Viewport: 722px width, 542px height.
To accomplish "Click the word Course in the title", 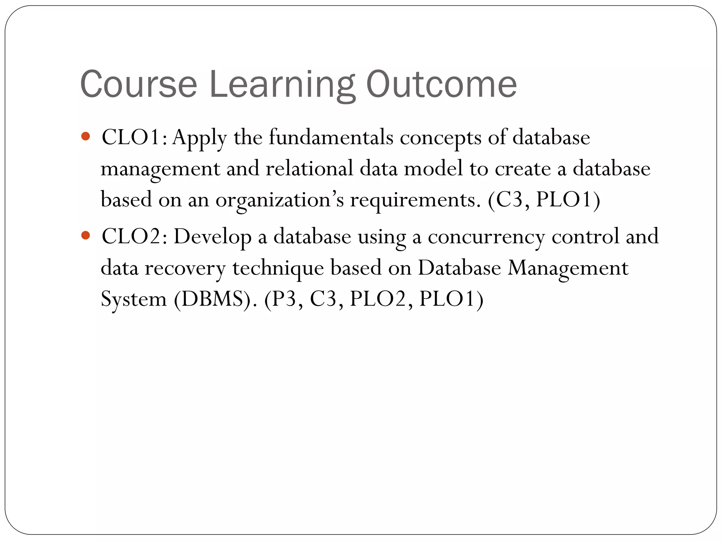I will click(138, 85).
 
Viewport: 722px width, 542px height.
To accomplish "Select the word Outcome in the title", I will click(441, 85).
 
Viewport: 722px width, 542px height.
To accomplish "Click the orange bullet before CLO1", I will click(85, 136).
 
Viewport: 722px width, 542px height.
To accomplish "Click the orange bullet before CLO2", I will click(85, 235).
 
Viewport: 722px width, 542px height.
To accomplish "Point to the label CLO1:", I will click(134, 137).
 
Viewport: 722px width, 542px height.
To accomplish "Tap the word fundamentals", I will click(331, 137).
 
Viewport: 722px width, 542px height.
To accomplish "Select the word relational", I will click(309, 168).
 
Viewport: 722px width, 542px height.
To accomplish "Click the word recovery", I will click(185, 268).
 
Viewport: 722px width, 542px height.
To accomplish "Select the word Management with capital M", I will click(568, 268).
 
